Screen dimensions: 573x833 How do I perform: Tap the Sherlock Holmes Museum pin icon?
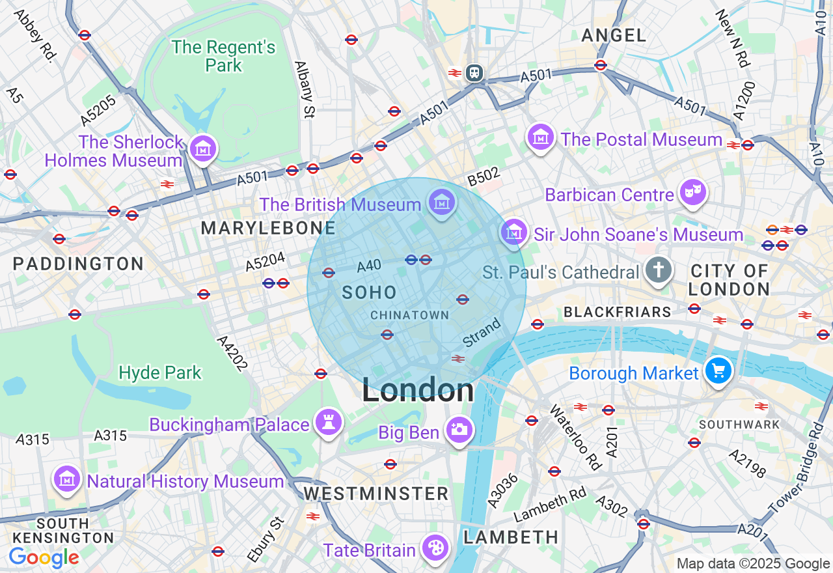point(202,149)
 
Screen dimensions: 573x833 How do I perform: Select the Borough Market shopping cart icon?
point(718,372)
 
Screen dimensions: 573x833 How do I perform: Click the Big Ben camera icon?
point(459,430)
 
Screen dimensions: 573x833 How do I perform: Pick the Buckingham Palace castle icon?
point(328,423)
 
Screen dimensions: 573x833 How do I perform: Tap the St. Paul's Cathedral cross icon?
point(658,270)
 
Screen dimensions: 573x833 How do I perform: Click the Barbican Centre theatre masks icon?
point(693,192)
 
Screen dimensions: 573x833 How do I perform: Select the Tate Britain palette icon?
point(433,548)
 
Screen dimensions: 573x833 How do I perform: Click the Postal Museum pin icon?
point(541,137)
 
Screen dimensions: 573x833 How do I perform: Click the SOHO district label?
point(369,292)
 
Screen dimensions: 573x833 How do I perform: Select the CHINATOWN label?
point(409,315)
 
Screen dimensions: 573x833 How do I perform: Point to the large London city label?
point(418,391)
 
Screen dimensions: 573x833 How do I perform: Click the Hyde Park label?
point(160,372)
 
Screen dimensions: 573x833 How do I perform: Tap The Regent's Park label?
point(223,56)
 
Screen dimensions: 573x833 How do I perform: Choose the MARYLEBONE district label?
point(268,228)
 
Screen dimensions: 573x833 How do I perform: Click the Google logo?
point(44,557)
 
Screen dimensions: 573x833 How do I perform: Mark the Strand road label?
point(482,332)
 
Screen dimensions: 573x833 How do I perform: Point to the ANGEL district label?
point(614,35)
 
